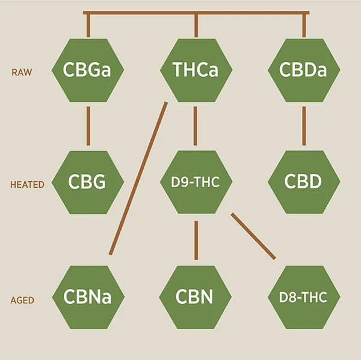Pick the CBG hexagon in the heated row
click(88, 182)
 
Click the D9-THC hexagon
click(196, 182)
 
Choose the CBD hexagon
click(303, 182)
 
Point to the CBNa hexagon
click(88, 297)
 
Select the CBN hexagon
click(196, 297)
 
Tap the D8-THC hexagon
click(303, 297)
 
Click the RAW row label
click(22, 72)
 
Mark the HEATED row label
click(27, 185)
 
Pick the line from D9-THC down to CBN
click(196, 240)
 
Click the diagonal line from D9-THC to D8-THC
click(253, 236)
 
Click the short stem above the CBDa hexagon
click(303, 25)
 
